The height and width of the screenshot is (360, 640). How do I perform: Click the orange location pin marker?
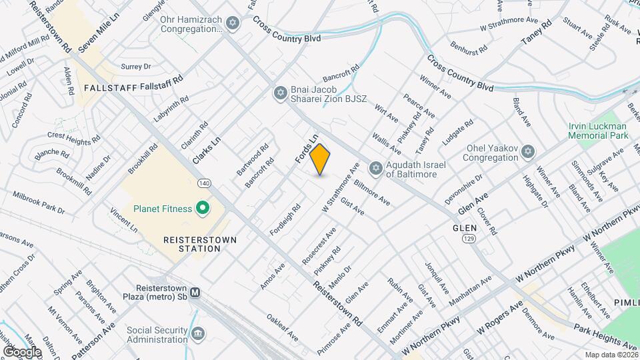point(320,159)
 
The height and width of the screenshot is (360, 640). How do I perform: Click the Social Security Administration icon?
point(197,333)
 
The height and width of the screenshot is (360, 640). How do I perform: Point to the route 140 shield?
point(205,183)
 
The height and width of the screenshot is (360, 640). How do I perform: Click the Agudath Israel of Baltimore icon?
point(376,168)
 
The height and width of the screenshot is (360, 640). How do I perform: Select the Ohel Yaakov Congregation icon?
point(528,153)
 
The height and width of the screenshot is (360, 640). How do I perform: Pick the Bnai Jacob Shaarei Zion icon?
point(280,93)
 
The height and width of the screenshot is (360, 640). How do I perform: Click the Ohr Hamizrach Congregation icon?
point(232,25)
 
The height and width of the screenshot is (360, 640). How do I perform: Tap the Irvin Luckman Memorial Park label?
point(598,130)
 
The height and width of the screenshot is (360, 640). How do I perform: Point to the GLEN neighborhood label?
point(465,228)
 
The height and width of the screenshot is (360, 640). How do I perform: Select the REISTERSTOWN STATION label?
point(192,243)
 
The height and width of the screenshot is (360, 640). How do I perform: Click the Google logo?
point(22,351)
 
